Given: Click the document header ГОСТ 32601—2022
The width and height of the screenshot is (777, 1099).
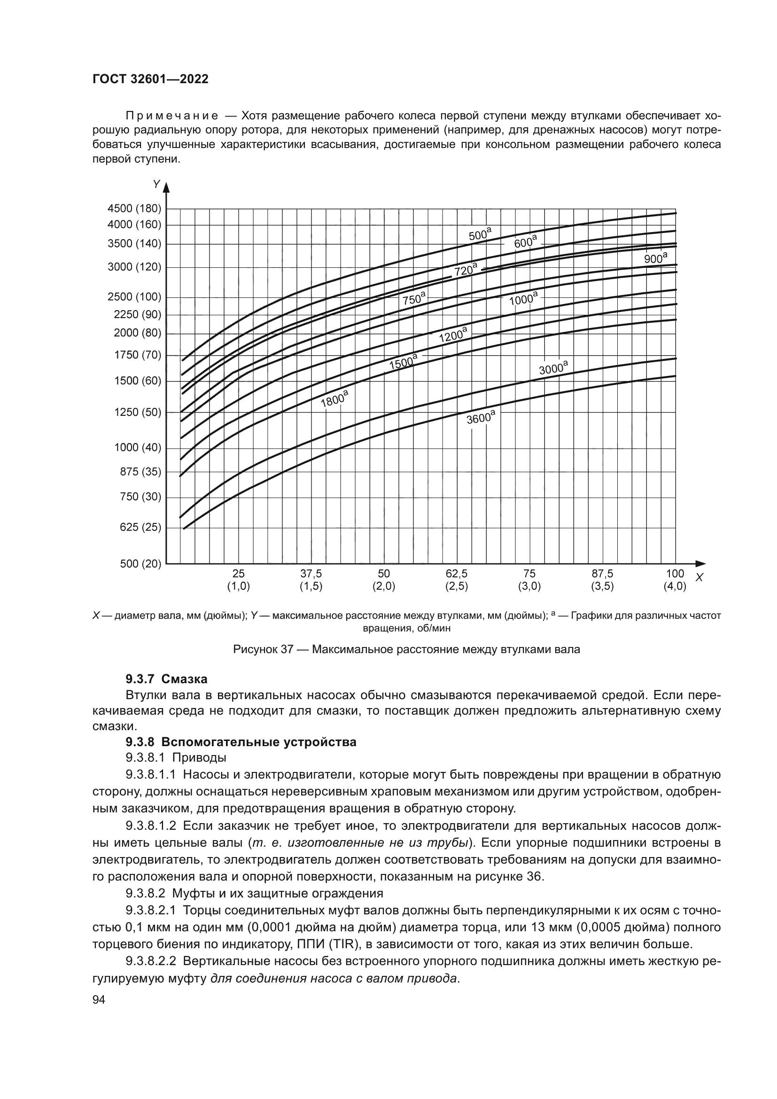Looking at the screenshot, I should click(150, 79).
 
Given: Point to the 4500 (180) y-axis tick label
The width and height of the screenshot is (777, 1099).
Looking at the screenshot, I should click(134, 208).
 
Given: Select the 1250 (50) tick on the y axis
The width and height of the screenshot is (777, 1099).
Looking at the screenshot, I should click(138, 412).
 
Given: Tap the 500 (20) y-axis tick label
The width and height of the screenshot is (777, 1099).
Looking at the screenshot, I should click(140, 563).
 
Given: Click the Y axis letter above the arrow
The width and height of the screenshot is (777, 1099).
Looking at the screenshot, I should click(156, 184).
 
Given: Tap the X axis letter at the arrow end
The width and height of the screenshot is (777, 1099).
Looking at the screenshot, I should click(699, 578).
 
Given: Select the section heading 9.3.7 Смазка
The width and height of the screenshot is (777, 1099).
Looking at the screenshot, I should click(166, 679).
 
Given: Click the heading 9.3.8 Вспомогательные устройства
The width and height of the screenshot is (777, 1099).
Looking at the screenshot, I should click(241, 742).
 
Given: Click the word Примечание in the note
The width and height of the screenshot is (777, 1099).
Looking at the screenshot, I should click(172, 117).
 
